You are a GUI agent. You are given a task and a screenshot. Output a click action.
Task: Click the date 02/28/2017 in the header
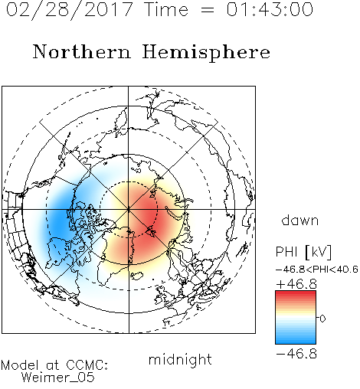point(70,10)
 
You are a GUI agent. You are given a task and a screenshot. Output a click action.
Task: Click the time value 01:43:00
point(270,9)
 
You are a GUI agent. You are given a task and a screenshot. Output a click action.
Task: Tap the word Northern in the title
point(82,52)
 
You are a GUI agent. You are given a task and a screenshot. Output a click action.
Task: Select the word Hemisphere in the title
point(206,53)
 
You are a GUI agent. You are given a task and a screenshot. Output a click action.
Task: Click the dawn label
point(300,221)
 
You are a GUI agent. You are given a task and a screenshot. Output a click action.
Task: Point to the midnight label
point(180,360)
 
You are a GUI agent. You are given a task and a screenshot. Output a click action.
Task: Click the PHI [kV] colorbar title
point(303,252)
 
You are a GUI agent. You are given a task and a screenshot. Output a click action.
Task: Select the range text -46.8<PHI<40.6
point(317,270)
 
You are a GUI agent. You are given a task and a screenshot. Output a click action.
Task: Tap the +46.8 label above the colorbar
point(296,284)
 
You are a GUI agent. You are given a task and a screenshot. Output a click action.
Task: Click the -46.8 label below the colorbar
point(296,354)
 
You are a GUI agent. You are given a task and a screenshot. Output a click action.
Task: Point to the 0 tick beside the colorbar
point(322,319)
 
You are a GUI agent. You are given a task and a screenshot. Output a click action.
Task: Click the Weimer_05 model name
point(58,378)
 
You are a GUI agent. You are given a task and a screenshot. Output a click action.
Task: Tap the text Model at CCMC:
point(54,365)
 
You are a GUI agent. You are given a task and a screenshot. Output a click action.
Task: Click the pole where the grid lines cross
point(129,210)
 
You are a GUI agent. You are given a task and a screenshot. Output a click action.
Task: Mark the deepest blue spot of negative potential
point(59,220)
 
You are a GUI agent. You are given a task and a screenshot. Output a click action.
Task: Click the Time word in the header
point(166,9)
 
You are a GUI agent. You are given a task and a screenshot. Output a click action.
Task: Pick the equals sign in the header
point(208,10)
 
